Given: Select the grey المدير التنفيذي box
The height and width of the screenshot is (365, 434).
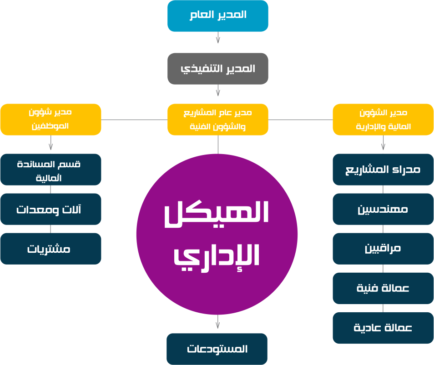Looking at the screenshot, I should pos(218,69).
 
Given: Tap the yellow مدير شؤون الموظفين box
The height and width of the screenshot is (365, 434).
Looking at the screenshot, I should pos(50,120).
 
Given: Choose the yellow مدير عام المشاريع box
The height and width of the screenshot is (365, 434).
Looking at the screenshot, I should pos(218,120).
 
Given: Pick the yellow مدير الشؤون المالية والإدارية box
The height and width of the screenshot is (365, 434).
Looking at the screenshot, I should pos(383,120).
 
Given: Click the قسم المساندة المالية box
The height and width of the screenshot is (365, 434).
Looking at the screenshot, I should pos(50,170).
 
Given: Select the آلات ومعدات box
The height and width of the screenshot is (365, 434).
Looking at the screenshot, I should pos(50,209).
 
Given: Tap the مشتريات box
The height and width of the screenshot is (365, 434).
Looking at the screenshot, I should pos(50,249).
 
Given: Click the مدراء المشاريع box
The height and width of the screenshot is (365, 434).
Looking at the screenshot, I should pos(383,170).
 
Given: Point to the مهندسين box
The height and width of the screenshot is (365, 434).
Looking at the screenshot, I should pos(383,209).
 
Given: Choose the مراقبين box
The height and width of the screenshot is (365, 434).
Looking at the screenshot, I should pos(383,249).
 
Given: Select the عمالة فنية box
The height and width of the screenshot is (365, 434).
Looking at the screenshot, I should pos(383,288).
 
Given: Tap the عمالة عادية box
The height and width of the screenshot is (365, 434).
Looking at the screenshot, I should pos(383,328).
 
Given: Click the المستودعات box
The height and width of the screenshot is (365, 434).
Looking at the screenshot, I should pos(217,349).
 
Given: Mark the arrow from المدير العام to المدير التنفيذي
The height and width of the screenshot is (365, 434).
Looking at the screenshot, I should pos(218,38).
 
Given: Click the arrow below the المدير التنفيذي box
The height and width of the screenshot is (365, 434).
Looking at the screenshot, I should pos(218,91).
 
